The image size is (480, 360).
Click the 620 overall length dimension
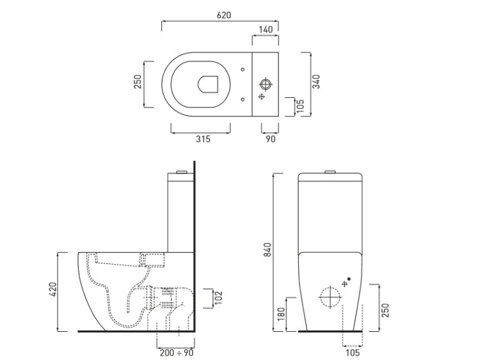[224, 15]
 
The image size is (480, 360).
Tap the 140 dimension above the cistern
[266, 29]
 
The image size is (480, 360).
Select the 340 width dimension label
[316, 82]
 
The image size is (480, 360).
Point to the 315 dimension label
[203, 139]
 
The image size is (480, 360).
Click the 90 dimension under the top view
[271, 139]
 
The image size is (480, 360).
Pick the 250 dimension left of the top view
[138, 82]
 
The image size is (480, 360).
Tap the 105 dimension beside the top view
[300, 106]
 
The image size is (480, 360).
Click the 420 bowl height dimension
[52, 290]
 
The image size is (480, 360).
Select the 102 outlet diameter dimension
[218, 297]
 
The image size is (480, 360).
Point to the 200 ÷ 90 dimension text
[177, 353]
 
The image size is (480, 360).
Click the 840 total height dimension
[268, 249]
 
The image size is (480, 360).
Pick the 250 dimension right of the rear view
[385, 311]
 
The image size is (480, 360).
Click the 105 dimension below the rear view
[353, 353]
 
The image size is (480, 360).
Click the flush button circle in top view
[265, 84]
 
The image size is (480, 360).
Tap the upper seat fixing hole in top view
[243, 70]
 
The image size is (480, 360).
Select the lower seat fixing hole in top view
[243, 99]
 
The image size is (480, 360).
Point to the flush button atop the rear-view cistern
[330, 171]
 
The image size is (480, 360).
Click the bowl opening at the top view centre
[208, 84]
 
